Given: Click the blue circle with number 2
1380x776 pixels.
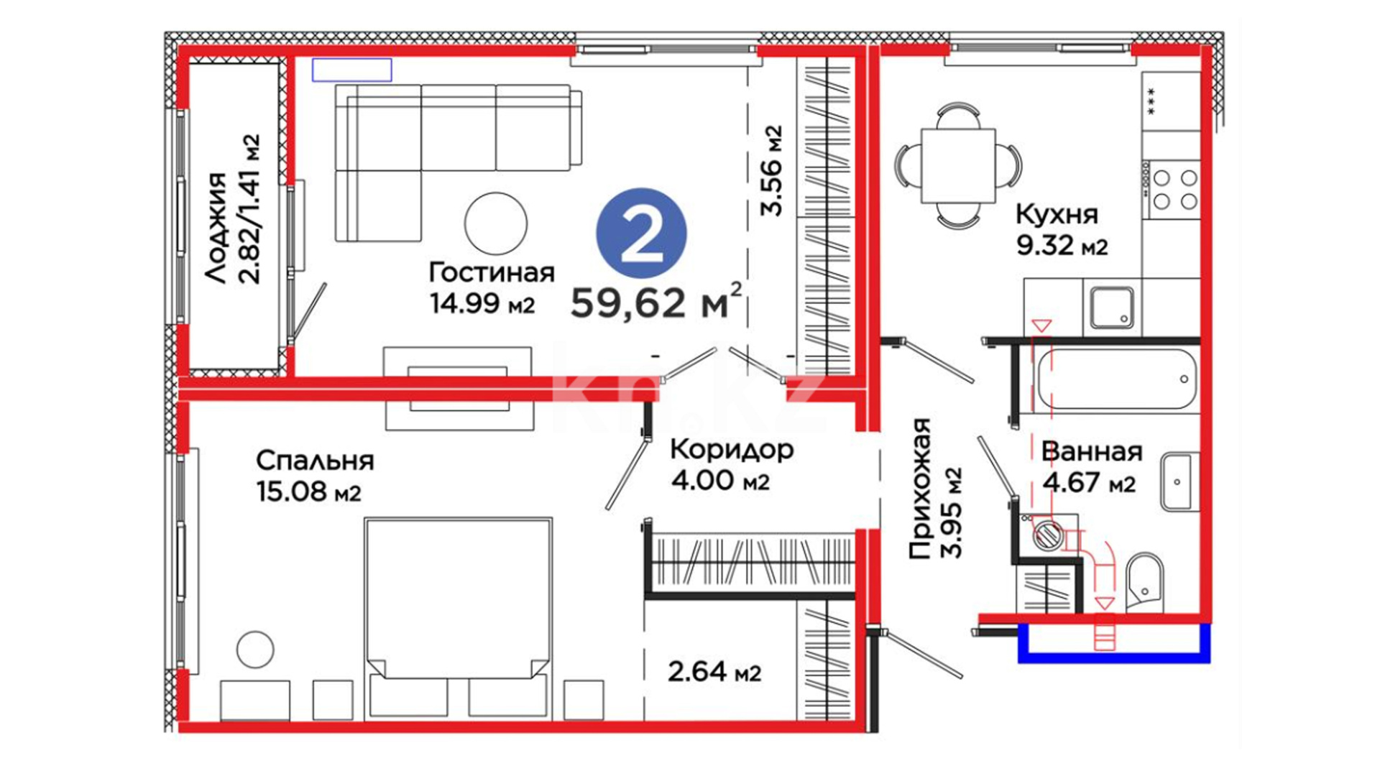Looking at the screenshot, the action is (641, 234).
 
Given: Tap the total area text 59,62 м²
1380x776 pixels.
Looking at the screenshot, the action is (655, 301).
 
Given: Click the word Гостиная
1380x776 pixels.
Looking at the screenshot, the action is (492, 273).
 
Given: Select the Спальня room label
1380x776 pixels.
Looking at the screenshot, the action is (315, 461).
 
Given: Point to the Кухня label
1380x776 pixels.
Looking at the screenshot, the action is (1057, 214).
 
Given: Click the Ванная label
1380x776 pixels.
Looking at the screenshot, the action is (1091, 452).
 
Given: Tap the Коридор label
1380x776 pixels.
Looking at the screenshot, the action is (732, 451).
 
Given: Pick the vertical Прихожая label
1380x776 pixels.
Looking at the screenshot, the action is (921, 489).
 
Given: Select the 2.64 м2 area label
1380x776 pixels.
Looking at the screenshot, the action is (714, 673).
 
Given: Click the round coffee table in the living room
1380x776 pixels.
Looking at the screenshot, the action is (496, 223).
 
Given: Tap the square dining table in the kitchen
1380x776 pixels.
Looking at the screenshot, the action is (958, 166).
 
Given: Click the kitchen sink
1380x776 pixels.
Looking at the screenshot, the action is (1112, 308).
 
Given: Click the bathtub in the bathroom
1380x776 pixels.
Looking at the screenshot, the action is (1116, 379).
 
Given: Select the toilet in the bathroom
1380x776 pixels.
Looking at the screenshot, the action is (1144, 582).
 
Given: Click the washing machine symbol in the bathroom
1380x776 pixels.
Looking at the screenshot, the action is (1047, 535).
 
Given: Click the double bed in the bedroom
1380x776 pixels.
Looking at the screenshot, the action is (459, 618).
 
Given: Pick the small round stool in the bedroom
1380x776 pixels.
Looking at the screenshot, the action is (255, 650).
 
